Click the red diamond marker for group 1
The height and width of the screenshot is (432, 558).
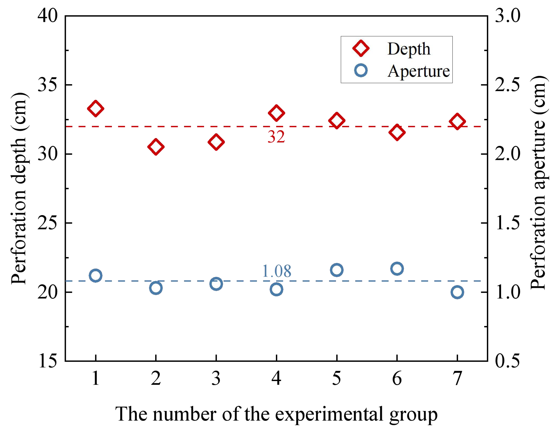(x=95, y=109)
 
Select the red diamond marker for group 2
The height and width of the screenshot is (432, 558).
(x=156, y=147)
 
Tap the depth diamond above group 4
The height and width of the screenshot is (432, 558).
(x=276, y=113)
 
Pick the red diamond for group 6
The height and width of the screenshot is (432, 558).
(x=397, y=133)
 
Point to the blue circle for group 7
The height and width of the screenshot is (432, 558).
(x=457, y=292)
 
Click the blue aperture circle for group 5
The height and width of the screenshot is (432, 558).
(x=337, y=270)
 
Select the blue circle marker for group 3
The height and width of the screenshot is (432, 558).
(x=216, y=284)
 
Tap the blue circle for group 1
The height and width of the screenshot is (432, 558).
(x=95, y=276)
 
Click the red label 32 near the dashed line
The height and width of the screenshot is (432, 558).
(x=276, y=137)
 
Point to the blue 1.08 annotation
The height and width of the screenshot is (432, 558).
(x=276, y=271)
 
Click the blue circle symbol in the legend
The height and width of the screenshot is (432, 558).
(x=361, y=70)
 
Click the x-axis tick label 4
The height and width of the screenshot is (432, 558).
(x=276, y=378)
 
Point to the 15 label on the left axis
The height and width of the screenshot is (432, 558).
(x=48, y=361)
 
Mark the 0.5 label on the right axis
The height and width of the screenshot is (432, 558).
(x=507, y=361)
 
